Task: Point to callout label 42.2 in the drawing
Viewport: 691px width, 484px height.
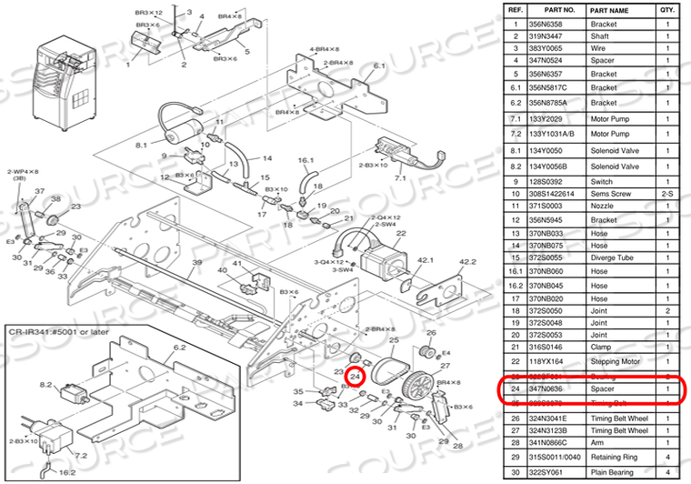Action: [467, 263]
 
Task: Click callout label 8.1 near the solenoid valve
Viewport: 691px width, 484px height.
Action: [141, 146]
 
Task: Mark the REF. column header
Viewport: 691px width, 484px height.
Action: [516, 11]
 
